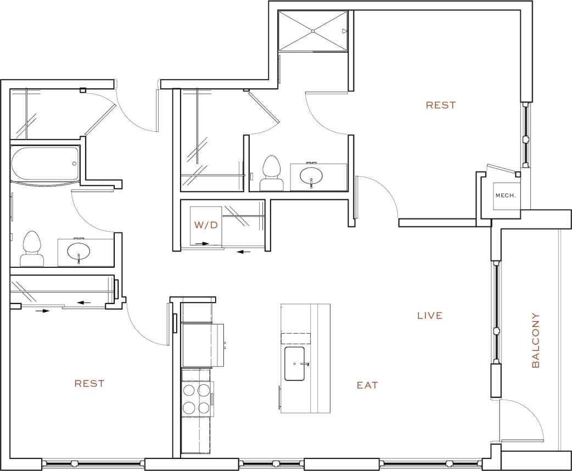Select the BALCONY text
(x=536, y=340)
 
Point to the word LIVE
(x=430, y=316)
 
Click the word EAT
(x=367, y=385)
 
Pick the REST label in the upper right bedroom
(x=441, y=105)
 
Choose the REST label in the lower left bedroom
(x=89, y=384)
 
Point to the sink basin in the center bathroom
(x=312, y=176)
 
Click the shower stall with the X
(x=313, y=31)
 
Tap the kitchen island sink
(x=297, y=363)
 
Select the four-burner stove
(x=197, y=399)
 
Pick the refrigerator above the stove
(x=202, y=345)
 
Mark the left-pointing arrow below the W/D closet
(x=243, y=252)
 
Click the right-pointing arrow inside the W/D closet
(x=201, y=243)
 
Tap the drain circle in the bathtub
(x=74, y=164)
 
